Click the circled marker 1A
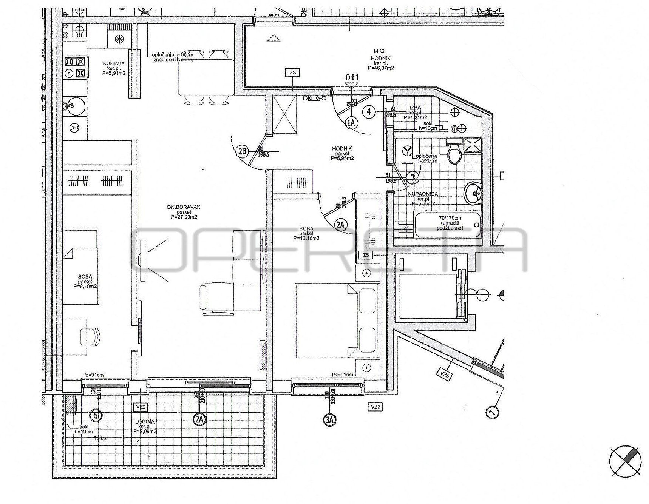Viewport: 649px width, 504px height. click(x=352, y=122)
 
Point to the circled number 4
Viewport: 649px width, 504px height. click(x=369, y=111)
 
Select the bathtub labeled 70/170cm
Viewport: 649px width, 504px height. click(x=448, y=225)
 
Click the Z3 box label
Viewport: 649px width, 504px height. click(x=293, y=73)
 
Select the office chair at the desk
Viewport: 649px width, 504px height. click(x=91, y=335)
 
